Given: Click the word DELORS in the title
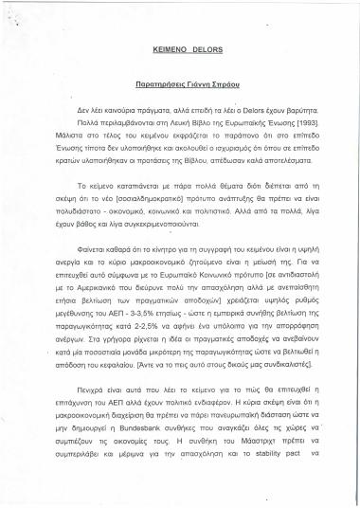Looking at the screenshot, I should tap(200, 45).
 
